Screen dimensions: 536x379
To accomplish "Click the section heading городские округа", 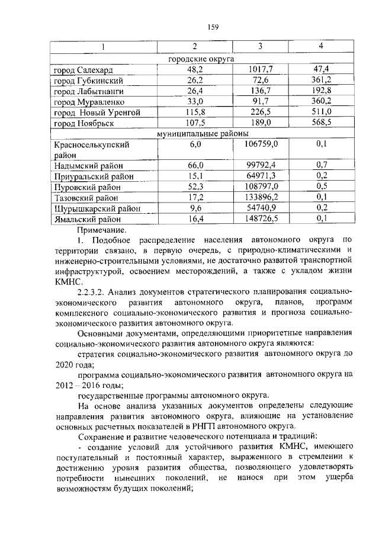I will pos(201,59).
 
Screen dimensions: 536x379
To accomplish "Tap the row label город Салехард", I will pos(85,70).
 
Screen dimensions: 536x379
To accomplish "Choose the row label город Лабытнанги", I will pos(89,91).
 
